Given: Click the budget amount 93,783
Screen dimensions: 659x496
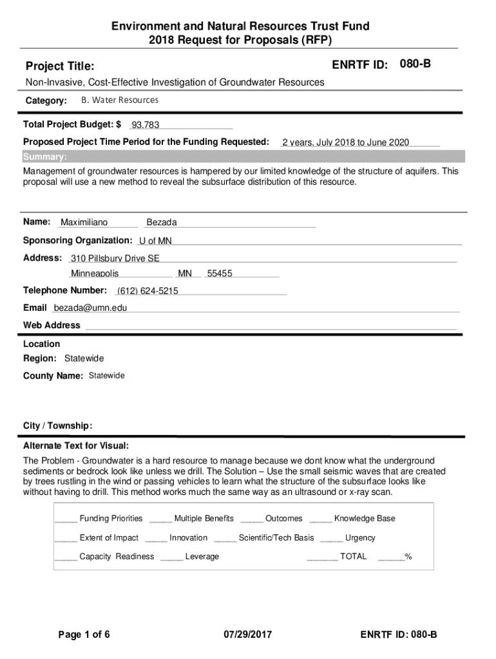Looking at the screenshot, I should click(146, 125).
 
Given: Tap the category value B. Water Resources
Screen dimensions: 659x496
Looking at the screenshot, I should click(119, 100).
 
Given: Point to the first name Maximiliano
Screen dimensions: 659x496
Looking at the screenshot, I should click(84, 223).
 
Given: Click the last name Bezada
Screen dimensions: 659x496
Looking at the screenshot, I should click(162, 223).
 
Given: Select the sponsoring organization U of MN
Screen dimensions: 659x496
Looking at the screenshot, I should click(155, 241).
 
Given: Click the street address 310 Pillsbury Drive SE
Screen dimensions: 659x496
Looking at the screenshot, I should click(115, 259).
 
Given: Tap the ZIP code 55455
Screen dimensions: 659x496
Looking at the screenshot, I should click(220, 274).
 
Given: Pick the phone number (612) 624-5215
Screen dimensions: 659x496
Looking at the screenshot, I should click(148, 291).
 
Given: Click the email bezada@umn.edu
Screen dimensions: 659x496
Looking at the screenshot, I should click(90, 308).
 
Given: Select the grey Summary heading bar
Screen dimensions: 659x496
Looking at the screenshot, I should click(243, 157).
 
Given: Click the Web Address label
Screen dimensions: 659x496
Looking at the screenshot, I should click(52, 325).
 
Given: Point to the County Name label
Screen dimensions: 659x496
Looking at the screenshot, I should click(53, 376).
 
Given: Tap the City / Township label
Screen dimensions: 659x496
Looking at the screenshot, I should click(57, 426).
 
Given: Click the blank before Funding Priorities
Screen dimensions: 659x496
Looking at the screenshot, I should click(66, 519).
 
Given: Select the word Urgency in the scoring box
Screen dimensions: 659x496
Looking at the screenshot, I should click(360, 537).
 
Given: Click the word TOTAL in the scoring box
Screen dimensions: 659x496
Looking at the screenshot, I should click(353, 556).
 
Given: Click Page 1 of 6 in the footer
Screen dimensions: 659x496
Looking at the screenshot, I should click(84, 635).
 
